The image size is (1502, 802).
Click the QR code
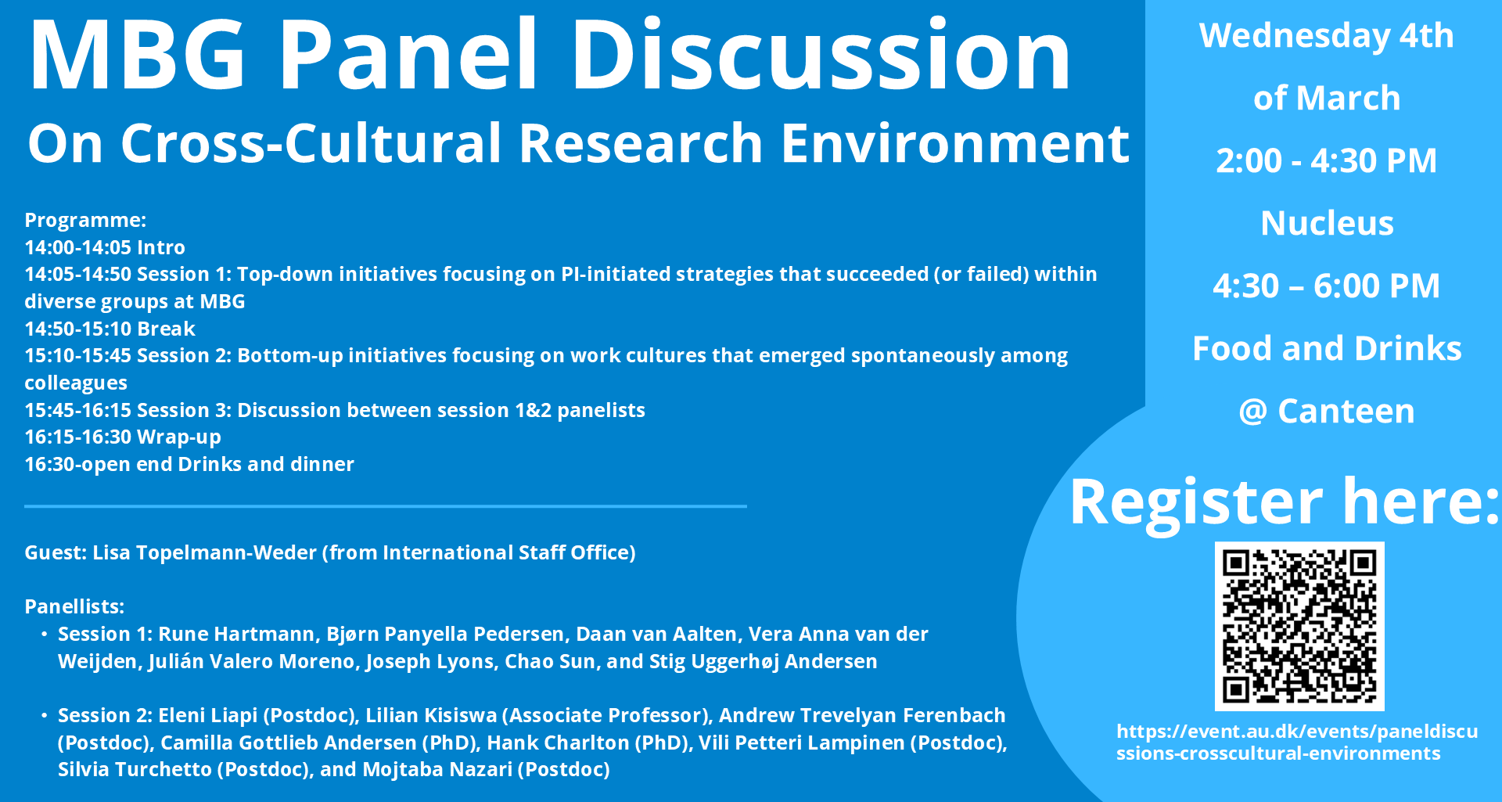(x=1299, y=626)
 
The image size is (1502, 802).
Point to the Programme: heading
(x=85, y=220)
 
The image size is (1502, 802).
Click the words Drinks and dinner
(x=266, y=464)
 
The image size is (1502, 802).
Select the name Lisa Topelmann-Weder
(x=204, y=552)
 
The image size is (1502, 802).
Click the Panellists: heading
(x=74, y=606)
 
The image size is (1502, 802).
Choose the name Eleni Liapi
(x=208, y=715)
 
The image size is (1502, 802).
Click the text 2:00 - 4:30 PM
(x=1327, y=161)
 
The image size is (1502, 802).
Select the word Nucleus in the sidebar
(x=1328, y=224)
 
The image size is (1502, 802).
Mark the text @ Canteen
(x=1327, y=412)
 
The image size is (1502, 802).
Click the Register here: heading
(x=1285, y=502)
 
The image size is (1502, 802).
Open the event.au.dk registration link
(x=1297, y=742)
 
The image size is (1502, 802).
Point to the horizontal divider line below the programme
(x=386, y=506)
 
